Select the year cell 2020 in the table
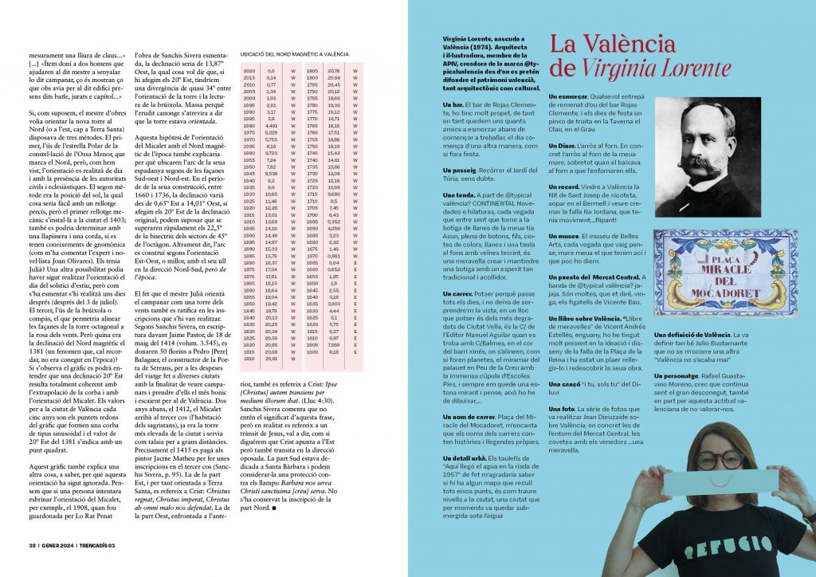[247, 71]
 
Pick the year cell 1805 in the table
[313, 71]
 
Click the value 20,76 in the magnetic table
[333, 71]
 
